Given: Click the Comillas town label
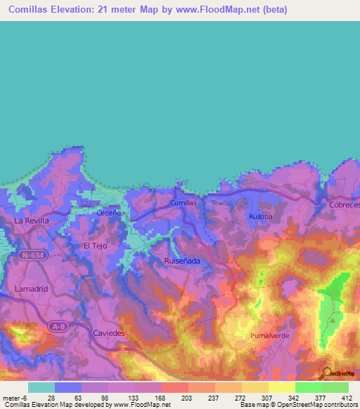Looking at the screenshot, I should tap(184, 202).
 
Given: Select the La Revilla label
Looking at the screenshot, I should tap(32, 221).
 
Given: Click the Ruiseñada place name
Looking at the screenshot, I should tap(182, 261).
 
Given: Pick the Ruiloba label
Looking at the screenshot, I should tap(260, 217).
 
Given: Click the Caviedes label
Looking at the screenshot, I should tap(108, 332).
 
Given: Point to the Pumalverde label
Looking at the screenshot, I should tap(269, 337).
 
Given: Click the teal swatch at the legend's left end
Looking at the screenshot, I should tap(41, 387).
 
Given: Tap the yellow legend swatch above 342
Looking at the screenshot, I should tap(281, 387).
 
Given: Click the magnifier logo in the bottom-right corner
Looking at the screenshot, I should tap(325, 374).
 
